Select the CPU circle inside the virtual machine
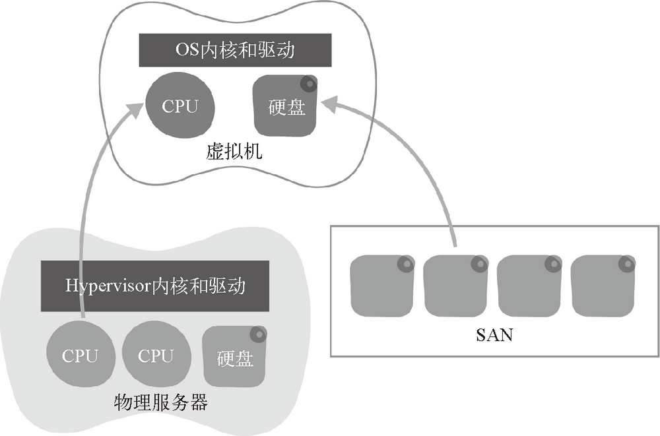point(180,106)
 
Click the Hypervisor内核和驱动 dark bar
point(156,286)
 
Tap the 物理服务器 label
point(161,402)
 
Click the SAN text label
point(494,335)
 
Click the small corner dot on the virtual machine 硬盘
point(308,84)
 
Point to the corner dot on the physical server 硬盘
point(259,334)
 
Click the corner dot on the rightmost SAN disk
point(627,264)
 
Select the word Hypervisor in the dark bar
point(108,286)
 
